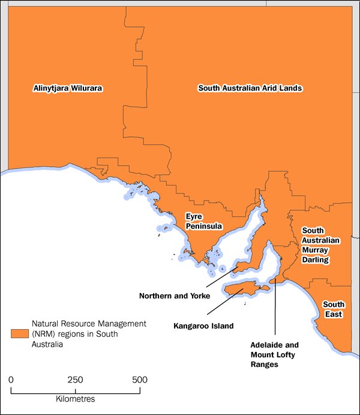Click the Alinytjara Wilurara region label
pyautogui.click(x=68, y=88)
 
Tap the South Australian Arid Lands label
pyautogui.click(x=250, y=88)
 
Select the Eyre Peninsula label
pyautogui.click(x=203, y=222)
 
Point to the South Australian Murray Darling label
pyautogui.click(x=321, y=245)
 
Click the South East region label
pyautogui.click(x=335, y=309)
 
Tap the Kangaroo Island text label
pyautogui.click(x=203, y=326)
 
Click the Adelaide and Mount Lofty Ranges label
pyautogui.click(x=274, y=354)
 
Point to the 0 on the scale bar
pyautogui.click(x=11, y=380)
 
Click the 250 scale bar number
pyautogui.click(x=75, y=380)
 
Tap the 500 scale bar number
pyautogui.click(x=139, y=380)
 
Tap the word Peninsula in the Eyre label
pyautogui.click(x=203, y=226)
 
